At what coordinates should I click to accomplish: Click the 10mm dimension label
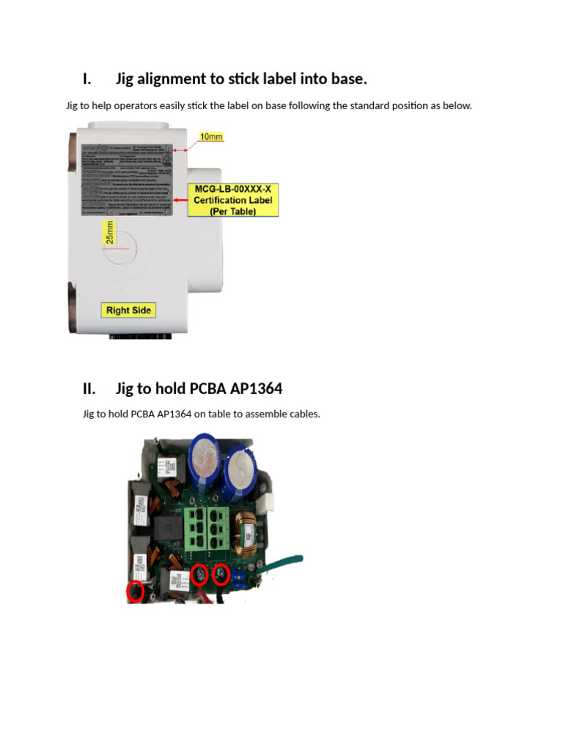tap(211, 137)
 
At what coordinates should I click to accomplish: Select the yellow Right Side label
tap(128, 310)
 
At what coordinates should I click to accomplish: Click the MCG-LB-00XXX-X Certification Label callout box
tap(233, 200)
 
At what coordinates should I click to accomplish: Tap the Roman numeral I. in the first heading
tap(87, 79)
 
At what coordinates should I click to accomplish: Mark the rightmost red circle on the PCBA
tap(221, 576)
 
